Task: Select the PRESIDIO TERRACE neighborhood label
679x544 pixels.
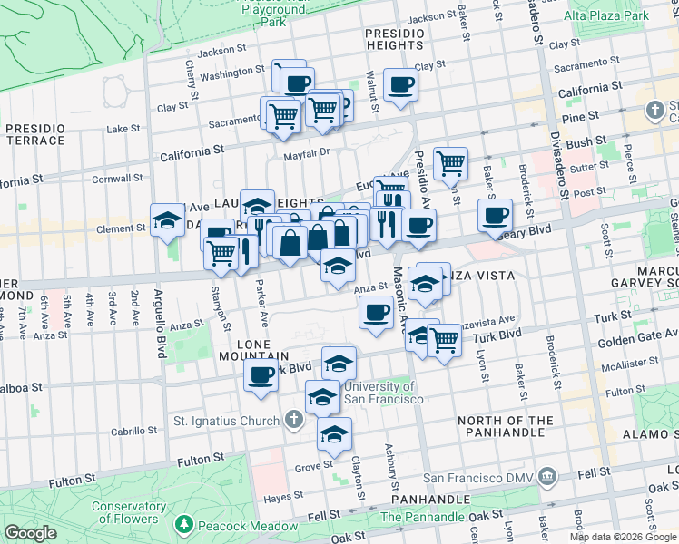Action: [34, 135]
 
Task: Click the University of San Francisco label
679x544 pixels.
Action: [383, 393]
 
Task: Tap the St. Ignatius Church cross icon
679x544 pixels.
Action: [292, 420]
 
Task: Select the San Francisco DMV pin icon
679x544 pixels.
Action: [546, 475]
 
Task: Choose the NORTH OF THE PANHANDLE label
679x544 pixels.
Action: [506, 427]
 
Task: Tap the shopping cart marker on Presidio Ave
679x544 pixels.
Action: [450, 163]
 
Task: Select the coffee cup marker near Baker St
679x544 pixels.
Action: [496, 215]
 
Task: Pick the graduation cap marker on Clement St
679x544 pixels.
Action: [168, 219]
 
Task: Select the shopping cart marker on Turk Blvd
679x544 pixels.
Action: [444, 340]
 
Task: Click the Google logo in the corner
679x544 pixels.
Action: [31, 533]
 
